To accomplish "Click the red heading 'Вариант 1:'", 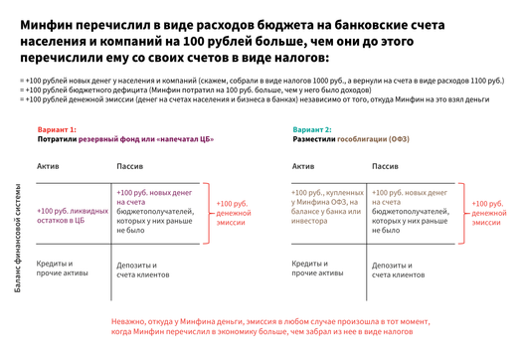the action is (57, 130).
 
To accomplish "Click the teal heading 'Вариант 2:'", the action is (312, 130).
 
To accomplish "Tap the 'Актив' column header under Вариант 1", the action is (49, 166).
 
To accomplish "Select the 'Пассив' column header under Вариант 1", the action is (131, 166).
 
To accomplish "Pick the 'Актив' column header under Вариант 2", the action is (303, 166).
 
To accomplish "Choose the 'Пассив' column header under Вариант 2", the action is (385, 166).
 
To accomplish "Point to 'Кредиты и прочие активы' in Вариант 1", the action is (59, 269).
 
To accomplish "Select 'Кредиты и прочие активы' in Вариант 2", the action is (313, 269).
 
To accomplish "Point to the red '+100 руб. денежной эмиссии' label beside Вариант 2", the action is (489, 213).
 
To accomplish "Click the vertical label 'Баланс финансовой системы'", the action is (17, 238).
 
